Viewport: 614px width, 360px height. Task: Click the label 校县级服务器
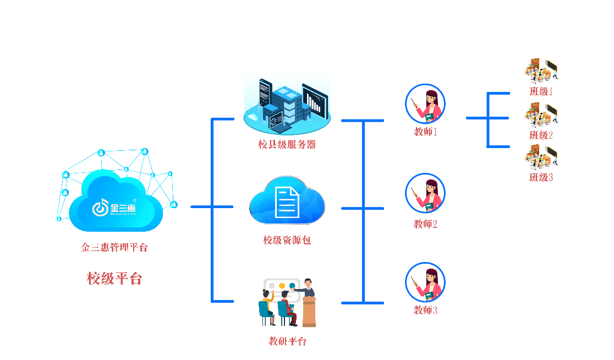(x=287, y=145)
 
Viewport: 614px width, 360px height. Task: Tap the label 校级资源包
(x=287, y=240)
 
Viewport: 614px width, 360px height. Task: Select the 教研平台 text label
(x=287, y=341)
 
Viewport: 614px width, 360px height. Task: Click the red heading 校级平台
(x=114, y=279)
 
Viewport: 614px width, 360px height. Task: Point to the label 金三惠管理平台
(x=114, y=247)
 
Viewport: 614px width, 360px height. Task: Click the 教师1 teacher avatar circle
(x=425, y=103)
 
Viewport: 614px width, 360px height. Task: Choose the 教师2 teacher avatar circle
(x=425, y=193)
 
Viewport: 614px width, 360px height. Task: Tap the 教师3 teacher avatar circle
(x=425, y=282)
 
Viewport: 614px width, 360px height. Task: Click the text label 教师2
(x=425, y=225)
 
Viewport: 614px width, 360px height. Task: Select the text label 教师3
(x=425, y=310)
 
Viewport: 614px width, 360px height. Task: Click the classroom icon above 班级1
(x=541, y=70)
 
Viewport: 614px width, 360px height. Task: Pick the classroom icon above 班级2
(x=541, y=114)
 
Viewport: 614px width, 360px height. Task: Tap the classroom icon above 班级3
(x=541, y=157)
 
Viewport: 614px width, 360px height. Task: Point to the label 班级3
(x=541, y=177)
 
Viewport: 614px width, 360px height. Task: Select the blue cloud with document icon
(x=287, y=200)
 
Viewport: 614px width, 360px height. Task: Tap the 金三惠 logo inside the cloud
(x=114, y=208)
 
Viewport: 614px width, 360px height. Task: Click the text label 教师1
(x=425, y=132)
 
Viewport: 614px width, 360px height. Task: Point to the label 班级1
(x=541, y=91)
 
